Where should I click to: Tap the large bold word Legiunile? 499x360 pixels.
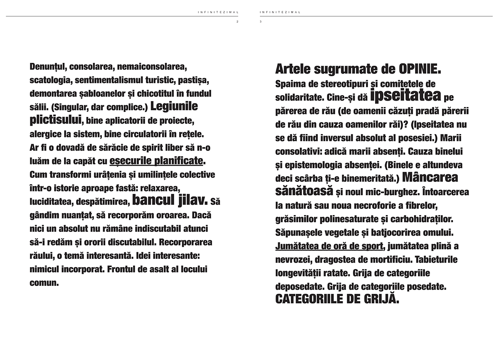point(174,106)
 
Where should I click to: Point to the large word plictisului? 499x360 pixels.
point(55,120)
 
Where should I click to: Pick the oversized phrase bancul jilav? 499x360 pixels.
point(170,201)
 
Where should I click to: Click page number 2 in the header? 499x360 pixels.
point(237,22)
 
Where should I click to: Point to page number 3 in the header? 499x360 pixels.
point(260,22)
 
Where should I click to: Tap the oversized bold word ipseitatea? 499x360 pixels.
point(405,97)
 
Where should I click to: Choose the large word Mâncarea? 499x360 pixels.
point(430,178)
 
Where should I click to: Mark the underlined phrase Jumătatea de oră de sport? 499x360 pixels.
point(329,246)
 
